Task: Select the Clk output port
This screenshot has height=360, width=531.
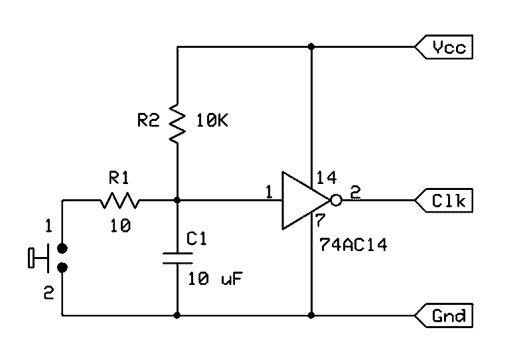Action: coord(444,200)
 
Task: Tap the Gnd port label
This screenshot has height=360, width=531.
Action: coord(444,315)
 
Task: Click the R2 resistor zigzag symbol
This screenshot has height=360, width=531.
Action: coord(177,122)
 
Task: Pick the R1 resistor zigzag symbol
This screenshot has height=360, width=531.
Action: coord(119,200)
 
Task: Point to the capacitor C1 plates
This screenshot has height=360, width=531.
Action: coord(177,259)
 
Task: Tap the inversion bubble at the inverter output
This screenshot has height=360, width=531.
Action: coord(337,200)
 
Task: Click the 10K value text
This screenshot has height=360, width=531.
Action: coord(212,121)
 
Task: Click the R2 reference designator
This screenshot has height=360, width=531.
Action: coord(149,121)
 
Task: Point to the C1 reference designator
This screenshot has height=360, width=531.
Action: coord(197,238)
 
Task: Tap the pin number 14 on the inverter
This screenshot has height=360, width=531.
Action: coord(327,178)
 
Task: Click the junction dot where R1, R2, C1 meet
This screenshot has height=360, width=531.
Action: coord(177,200)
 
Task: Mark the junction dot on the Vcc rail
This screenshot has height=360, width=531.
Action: coord(312,47)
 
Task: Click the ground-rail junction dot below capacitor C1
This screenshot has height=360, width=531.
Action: coord(177,315)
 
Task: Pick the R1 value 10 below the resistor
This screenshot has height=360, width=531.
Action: coord(120,226)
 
